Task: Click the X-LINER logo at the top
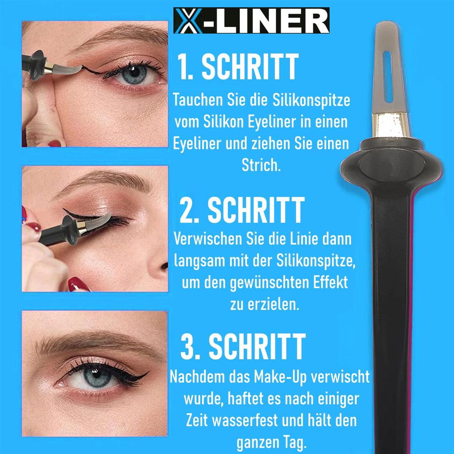251,21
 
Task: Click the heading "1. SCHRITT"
237,67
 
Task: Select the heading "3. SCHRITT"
243,347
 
